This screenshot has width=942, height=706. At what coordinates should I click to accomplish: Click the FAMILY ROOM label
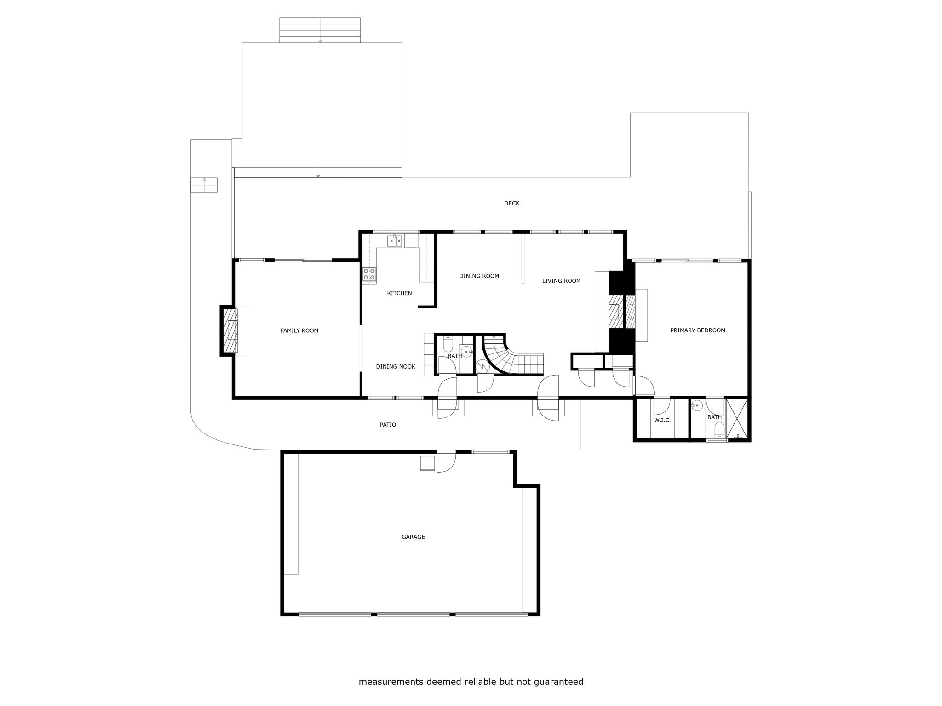pos(299,330)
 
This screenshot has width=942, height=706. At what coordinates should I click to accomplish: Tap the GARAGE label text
pos(413,537)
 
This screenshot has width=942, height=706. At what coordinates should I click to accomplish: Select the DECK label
pos(511,203)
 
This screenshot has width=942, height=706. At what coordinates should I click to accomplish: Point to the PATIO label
pos(388,425)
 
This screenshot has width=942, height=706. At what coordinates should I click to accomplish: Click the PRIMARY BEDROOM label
pos(698,330)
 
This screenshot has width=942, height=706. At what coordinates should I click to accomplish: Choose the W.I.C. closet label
pos(662,420)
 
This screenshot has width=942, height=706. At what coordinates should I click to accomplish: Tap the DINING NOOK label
pos(396,367)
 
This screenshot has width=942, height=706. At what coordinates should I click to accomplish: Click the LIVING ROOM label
pos(561,281)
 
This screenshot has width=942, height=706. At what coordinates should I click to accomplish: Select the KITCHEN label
pos(399,293)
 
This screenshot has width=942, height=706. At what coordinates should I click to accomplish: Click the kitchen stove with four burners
pos(369,274)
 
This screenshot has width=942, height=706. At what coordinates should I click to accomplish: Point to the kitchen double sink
pos(395,241)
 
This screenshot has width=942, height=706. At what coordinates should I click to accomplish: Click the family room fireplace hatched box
pos(230,331)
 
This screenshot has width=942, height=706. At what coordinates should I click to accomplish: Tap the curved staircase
pos(511,356)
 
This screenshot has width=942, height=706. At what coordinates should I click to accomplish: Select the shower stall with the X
pos(737,419)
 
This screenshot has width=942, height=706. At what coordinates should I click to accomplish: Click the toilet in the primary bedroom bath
pos(719,430)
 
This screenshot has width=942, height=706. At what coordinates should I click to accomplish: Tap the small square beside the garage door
pos(428,463)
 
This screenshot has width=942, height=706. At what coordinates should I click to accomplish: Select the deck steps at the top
pos(320,30)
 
